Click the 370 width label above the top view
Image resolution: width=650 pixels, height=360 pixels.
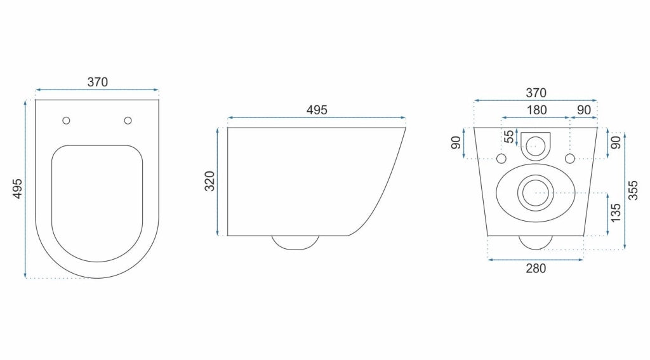[98, 82]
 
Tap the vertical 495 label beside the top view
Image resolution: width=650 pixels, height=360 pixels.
[17, 189]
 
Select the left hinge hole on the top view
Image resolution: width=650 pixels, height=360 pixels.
[67, 121]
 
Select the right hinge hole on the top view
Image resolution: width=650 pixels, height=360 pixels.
[128, 121]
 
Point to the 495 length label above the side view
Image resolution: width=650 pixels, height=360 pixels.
[317, 110]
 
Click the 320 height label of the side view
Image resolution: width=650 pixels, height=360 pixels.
[211, 182]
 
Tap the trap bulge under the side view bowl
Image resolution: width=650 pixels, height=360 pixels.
[295, 242]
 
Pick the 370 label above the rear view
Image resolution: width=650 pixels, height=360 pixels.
[535, 93]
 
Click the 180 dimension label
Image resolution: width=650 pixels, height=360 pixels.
[536, 110]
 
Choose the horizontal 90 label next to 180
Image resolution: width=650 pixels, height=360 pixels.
[584, 110]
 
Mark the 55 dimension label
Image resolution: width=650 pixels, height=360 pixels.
[508, 137]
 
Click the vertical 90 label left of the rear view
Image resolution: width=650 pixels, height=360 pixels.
[456, 143]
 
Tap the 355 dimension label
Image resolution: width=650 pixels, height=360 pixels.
[633, 190]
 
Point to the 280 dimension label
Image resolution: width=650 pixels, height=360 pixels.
[535, 268]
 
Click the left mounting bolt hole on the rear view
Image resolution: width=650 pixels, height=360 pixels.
[501, 157]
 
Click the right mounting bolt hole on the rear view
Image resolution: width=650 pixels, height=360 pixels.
[569, 157]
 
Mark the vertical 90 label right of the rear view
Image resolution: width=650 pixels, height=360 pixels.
[615, 143]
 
